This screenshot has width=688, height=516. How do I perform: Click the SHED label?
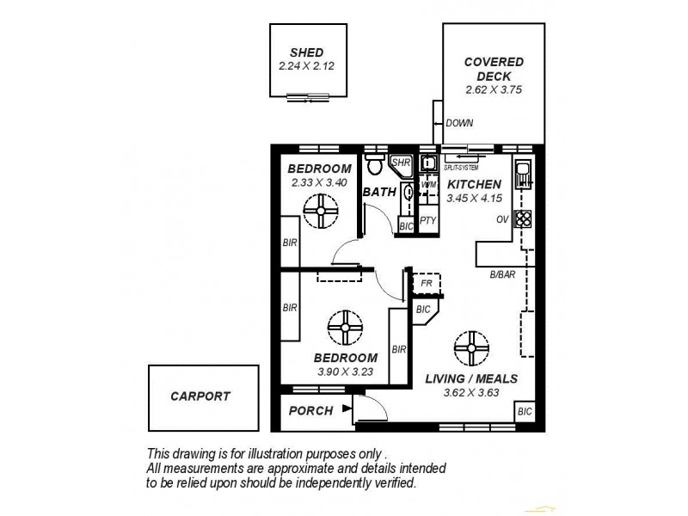point(307,52)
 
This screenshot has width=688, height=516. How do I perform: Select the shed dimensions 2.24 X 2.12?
point(307,65)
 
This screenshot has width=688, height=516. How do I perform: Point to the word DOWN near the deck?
point(459,123)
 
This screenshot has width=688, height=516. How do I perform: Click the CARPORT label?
point(200,396)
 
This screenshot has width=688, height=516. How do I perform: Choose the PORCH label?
point(310,411)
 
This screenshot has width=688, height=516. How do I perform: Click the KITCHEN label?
point(474,184)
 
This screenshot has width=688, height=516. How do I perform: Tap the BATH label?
point(379,192)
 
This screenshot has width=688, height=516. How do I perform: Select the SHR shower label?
point(401,162)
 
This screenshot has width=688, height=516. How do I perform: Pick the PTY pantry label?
point(428,220)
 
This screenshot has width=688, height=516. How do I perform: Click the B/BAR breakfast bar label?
point(502,274)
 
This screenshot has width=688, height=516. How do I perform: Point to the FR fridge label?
point(425,282)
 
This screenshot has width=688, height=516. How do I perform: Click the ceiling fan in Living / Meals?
point(470,347)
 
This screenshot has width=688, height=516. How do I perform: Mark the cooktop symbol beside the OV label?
point(522,219)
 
